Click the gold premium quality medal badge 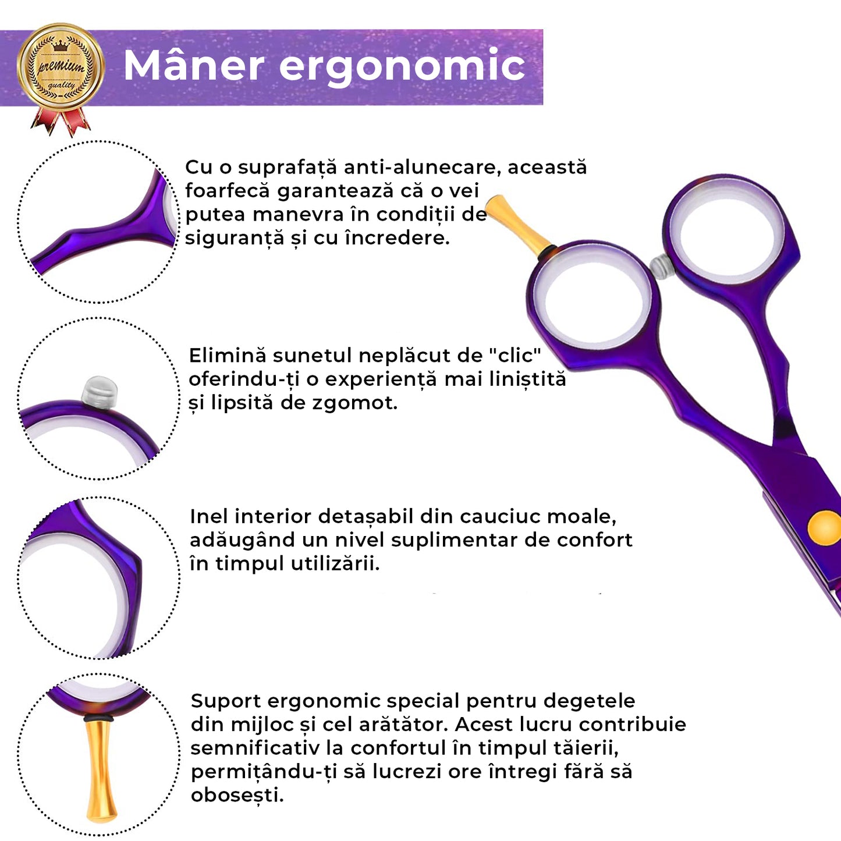[61, 68]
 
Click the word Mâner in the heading [194, 65]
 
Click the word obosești [237, 795]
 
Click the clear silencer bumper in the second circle [100, 391]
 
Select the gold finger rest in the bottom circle [101, 768]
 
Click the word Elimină [228, 356]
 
